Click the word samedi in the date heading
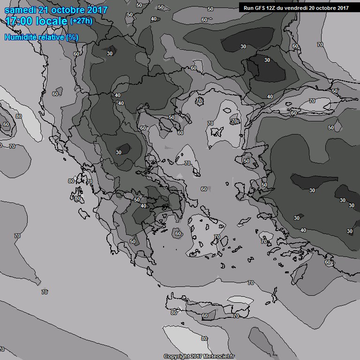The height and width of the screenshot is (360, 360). pos(21,10)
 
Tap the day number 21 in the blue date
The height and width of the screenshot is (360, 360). pos(46,10)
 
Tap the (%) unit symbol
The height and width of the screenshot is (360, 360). pos(72,37)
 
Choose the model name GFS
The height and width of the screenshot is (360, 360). pos(260,8)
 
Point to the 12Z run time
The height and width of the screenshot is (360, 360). pos(272,8)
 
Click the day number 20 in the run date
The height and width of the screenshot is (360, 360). pos(313,8)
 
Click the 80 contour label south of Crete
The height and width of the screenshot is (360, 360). pos(204,338)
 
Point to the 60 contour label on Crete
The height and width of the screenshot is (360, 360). pos(205,316)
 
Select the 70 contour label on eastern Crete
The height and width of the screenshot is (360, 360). pos(236,316)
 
